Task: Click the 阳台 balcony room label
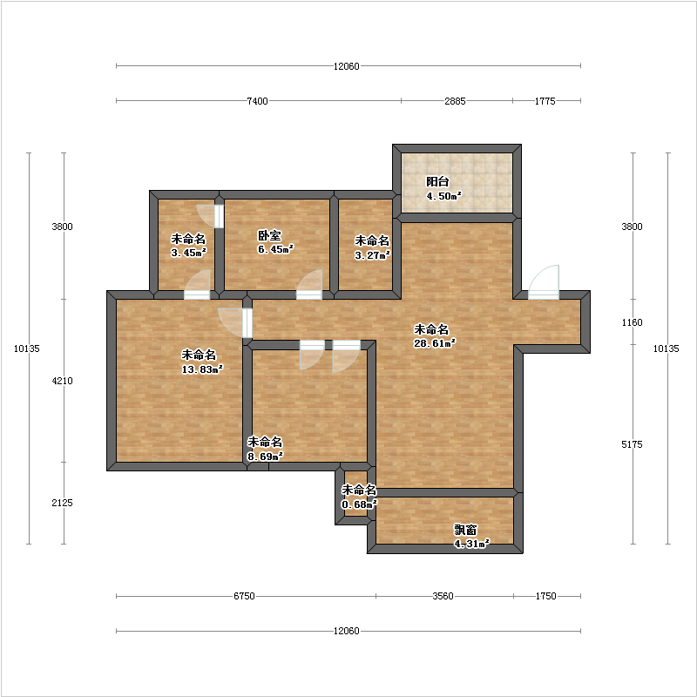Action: pyautogui.click(x=437, y=181)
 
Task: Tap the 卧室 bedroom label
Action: pyautogui.click(x=269, y=235)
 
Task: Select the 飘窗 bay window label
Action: pyautogui.click(x=465, y=530)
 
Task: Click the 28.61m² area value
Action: pyautogui.click(x=434, y=343)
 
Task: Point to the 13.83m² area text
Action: pyautogui.click(x=202, y=369)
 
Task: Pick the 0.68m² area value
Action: pyautogui.click(x=359, y=504)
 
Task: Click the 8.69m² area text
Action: pyautogui.click(x=265, y=456)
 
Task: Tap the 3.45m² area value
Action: pyautogui.click(x=188, y=253)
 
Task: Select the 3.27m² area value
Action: pyautogui.click(x=372, y=255)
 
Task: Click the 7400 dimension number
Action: pyautogui.click(x=257, y=101)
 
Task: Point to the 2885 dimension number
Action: pyautogui.click(x=455, y=101)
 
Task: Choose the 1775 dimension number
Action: pyautogui.click(x=545, y=101)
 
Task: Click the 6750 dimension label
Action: pyautogui.click(x=244, y=596)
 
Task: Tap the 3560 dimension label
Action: pyautogui.click(x=443, y=596)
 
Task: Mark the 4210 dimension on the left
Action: pyautogui.click(x=62, y=381)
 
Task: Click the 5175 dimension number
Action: pyautogui.click(x=632, y=444)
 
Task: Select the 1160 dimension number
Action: pyautogui.click(x=632, y=322)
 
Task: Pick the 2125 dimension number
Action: pyautogui.click(x=62, y=503)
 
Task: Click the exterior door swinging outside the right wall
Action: pyautogui.click(x=543, y=282)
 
